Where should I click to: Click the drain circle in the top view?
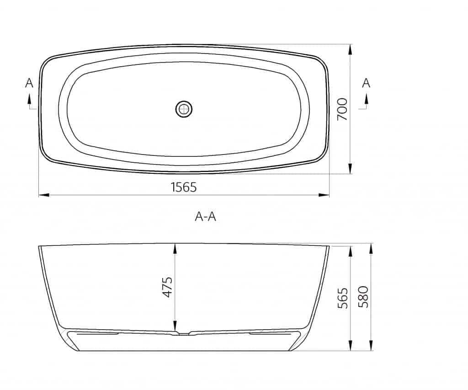coord(184,109)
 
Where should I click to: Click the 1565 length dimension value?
coord(183,187)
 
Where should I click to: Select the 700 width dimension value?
coord(342,109)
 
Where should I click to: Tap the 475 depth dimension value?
coord(168,287)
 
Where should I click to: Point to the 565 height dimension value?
coord(343,298)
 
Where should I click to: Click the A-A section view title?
coord(205,217)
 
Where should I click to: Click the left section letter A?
coord(29,83)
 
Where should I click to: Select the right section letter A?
coord(366,83)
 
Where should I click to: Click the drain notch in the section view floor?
coord(183,333)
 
